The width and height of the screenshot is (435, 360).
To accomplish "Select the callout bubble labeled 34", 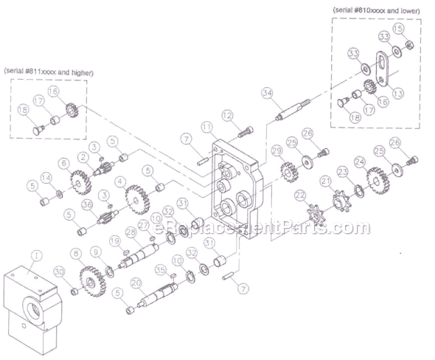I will pos(266,92).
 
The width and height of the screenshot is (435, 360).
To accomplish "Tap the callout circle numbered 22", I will pos(300,195).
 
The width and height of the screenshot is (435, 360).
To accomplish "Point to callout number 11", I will pos(206,128).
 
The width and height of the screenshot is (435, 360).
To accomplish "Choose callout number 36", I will pos(86,206).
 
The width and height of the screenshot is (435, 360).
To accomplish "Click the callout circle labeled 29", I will pos(277,150).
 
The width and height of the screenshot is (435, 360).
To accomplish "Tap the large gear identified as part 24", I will pos(377,177).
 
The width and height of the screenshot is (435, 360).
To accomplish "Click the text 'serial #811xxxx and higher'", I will pos(52,72).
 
